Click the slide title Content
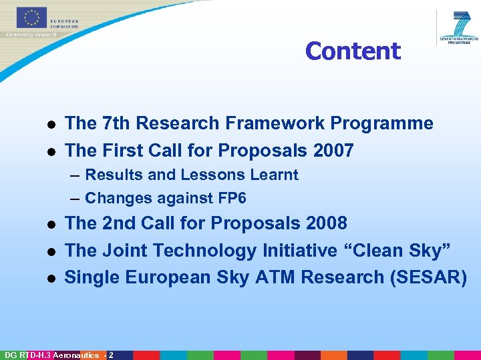tap(353, 51)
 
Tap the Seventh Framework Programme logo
tap(460, 27)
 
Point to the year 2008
tap(326, 223)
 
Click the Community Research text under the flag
tap(31, 34)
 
